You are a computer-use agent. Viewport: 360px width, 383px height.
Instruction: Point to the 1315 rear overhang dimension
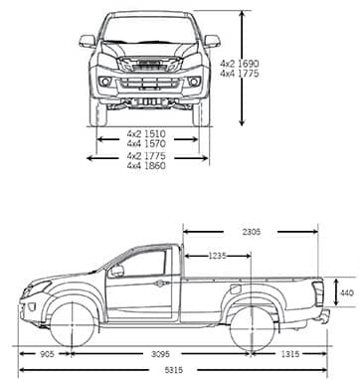[289, 352]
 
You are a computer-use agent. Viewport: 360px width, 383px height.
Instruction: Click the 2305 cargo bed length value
[250, 232]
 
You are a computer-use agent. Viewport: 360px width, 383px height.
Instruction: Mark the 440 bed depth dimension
[344, 293]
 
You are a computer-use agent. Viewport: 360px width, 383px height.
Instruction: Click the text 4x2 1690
[241, 62]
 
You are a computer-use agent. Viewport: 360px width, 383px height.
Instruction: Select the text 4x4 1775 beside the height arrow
[241, 73]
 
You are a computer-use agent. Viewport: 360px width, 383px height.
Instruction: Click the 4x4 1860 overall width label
[147, 166]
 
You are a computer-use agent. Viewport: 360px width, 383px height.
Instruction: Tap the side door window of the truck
[143, 265]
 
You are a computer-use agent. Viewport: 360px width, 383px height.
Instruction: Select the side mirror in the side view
[117, 271]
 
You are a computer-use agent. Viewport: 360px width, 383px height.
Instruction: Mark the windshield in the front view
[149, 30]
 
